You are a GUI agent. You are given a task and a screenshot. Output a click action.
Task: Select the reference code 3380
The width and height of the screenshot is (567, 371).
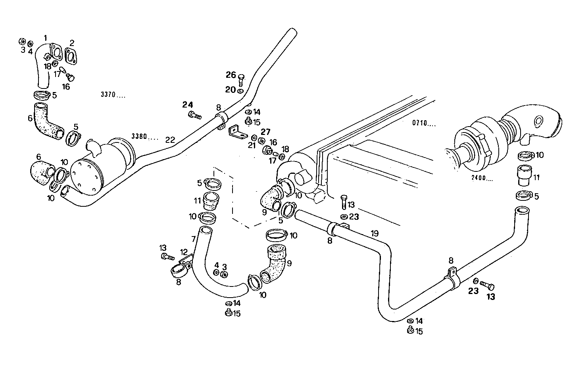pyautogui.click(x=145, y=137)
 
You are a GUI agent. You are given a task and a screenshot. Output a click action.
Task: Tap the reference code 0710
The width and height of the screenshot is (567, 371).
pyautogui.click(x=424, y=123)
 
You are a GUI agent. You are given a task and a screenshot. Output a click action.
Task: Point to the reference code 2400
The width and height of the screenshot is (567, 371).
pyautogui.click(x=482, y=178)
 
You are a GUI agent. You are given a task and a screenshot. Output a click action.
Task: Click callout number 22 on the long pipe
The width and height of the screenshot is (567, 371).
pyautogui.click(x=170, y=140)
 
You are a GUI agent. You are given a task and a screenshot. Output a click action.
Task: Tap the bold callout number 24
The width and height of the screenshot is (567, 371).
pyautogui.click(x=187, y=105)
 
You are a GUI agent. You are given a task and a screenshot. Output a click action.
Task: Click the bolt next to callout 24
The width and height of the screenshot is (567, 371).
pyautogui.click(x=194, y=115)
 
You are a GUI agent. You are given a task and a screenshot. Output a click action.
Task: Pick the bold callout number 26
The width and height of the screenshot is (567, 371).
pyautogui.click(x=231, y=75)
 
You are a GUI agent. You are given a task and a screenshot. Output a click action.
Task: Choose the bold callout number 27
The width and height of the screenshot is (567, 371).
pyautogui.click(x=265, y=132)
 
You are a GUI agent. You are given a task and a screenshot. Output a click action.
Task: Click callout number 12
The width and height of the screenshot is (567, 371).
pyautogui.click(x=183, y=252)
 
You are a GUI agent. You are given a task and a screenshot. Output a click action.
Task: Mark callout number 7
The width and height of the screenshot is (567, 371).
pyautogui.click(x=193, y=239)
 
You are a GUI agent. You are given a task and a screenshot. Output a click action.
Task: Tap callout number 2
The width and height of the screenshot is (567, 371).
pyautogui.click(x=72, y=43)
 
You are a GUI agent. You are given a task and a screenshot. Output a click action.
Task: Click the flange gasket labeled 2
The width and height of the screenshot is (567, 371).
pyautogui.click(x=71, y=56)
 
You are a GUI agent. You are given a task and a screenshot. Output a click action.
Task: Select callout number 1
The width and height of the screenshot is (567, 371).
pyautogui.click(x=45, y=38)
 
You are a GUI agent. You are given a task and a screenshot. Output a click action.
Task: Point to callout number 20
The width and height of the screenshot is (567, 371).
pyautogui.click(x=230, y=90)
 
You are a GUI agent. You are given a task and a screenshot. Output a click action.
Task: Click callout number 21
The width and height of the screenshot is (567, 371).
pyautogui.click(x=252, y=145)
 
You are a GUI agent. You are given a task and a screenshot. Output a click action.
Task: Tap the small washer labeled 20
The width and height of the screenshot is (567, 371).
pyautogui.click(x=241, y=91)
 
